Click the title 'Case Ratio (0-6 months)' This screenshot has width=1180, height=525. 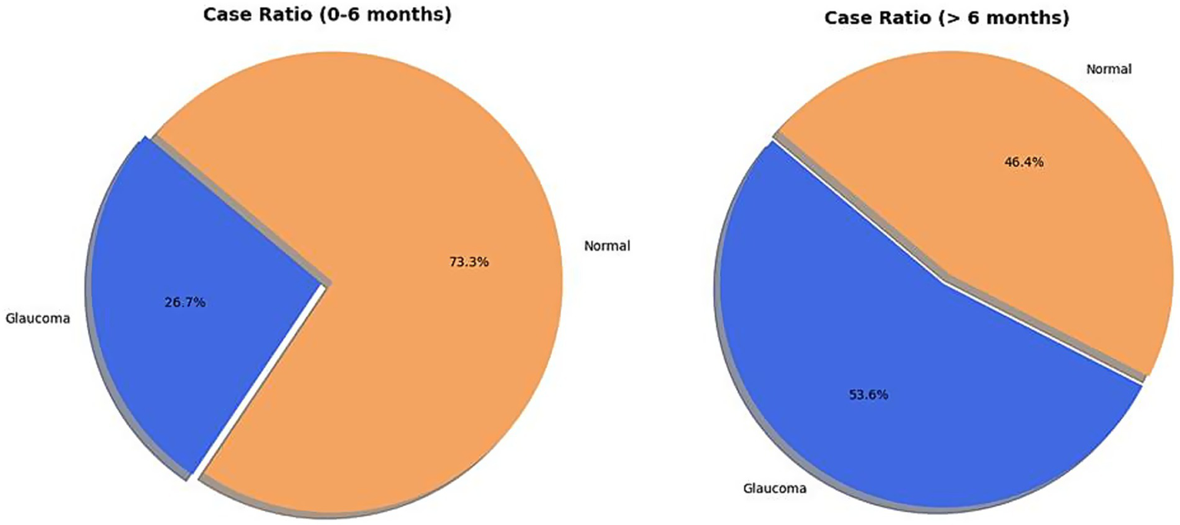tap(327, 15)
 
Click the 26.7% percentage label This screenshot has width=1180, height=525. tap(184, 303)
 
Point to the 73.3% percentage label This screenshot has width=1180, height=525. tap(469, 262)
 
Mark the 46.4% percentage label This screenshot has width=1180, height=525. tap(1024, 162)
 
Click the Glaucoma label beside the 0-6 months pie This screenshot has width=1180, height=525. tap(38, 318)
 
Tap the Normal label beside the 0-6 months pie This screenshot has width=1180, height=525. tap(607, 247)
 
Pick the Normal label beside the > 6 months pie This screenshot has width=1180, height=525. tap(1109, 69)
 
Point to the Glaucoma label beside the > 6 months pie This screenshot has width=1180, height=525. tap(775, 488)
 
